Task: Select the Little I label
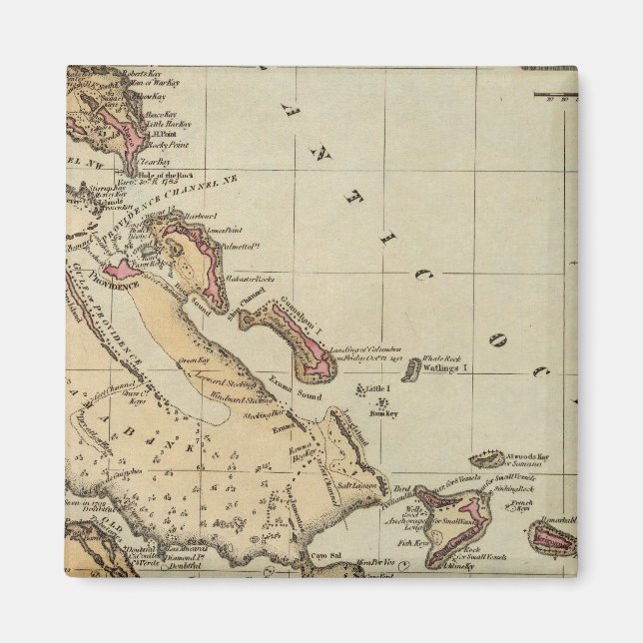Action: click(377, 387)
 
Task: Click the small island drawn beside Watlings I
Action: click(409, 371)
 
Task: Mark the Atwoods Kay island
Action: click(487, 460)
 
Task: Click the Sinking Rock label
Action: click(520, 490)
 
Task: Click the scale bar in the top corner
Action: click(555, 96)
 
